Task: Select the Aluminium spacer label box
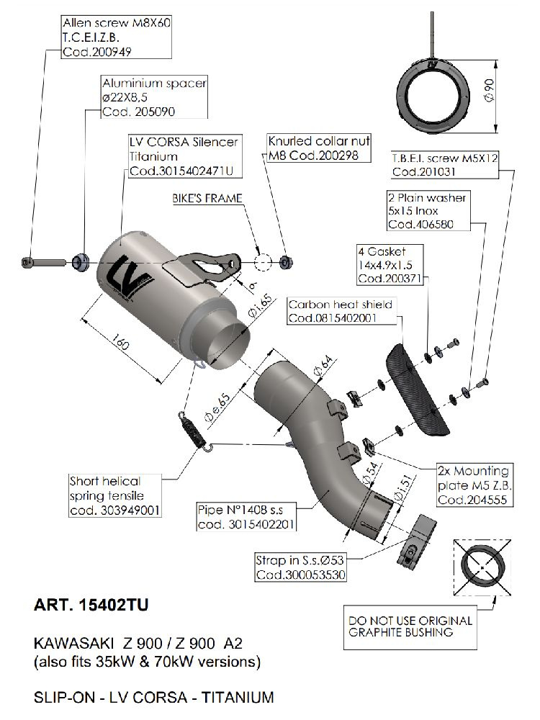tap(154, 97)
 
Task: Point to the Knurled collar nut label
tap(318, 147)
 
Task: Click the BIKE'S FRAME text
tap(207, 198)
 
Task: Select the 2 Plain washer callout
tap(427, 211)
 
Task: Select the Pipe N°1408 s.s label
tap(246, 517)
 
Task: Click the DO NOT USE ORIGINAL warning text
tap(410, 626)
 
